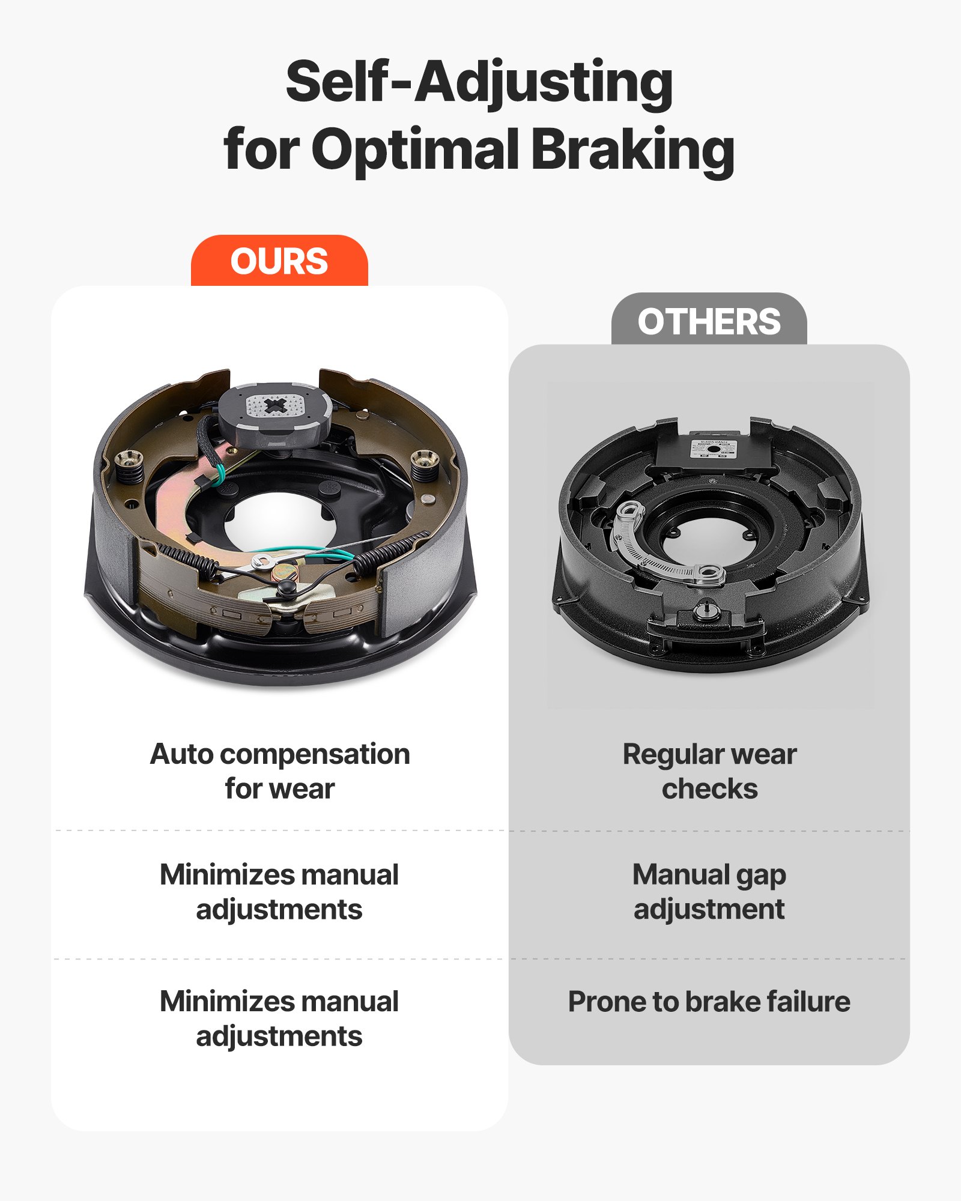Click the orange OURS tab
point(279,261)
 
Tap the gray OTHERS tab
point(709,321)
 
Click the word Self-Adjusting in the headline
point(479,83)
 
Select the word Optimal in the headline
point(414,150)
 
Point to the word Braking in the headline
point(632,150)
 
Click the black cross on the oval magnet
point(276,405)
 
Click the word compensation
point(315,754)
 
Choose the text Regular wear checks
point(709,772)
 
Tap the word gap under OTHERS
point(761,876)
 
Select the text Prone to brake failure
point(709,1002)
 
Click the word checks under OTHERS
point(709,789)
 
